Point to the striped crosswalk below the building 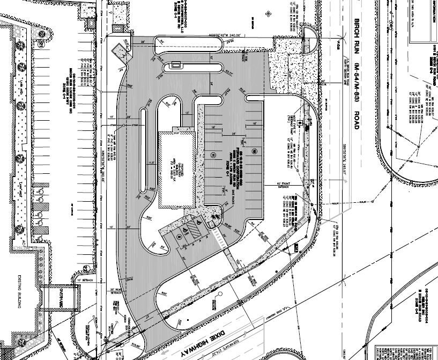click(217, 236)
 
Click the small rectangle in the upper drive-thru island click(176, 65)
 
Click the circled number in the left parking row click(212, 155)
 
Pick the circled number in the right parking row click(255, 151)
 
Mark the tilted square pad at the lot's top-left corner click(119, 50)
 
